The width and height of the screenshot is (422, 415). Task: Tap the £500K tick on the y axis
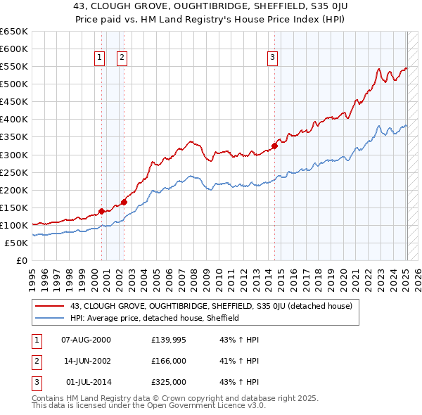point(13,84)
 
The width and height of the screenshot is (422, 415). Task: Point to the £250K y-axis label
point(13,172)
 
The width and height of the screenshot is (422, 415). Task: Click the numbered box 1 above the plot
point(99,58)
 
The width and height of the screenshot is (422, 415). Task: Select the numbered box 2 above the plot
point(122,58)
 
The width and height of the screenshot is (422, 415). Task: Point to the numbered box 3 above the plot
point(272,58)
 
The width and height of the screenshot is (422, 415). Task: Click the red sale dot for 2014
point(274,146)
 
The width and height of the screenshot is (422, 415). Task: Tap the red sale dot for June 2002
point(124,202)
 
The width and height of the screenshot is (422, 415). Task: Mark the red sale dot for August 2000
point(101,211)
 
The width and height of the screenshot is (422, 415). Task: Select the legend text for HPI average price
point(155,318)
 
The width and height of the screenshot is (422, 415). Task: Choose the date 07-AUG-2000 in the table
point(86,340)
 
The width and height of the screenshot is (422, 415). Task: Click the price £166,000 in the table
point(168,361)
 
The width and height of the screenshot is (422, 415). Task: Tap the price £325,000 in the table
point(168,382)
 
